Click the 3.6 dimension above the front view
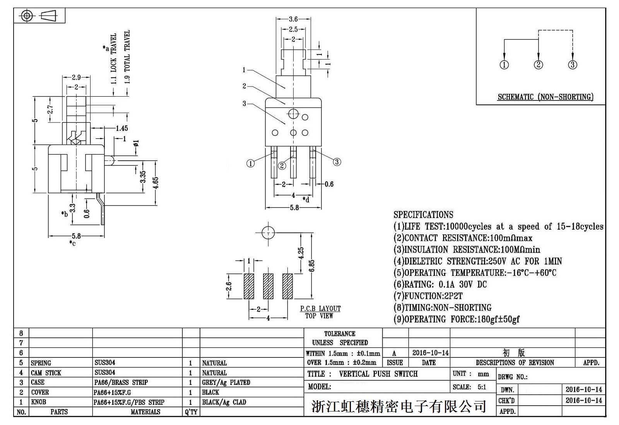tap(293, 19)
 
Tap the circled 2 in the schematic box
tap(539, 65)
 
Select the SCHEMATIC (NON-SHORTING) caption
tap(545, 97)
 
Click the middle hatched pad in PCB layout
tap(268, 286)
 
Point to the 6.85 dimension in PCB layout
tap(312, 265)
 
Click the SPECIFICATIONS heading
tap(423, 215)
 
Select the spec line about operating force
tap(457, 320)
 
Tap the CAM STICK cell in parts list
tap(46, 373)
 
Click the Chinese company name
tap(399, 406)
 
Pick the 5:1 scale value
tap(482, 387)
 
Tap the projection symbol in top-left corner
tap(39, 16)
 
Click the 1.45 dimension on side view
tap(121, 128)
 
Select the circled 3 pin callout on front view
tap(337, 162)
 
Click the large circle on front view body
tap(293, 114)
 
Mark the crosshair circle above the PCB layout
tap(268, 233)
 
